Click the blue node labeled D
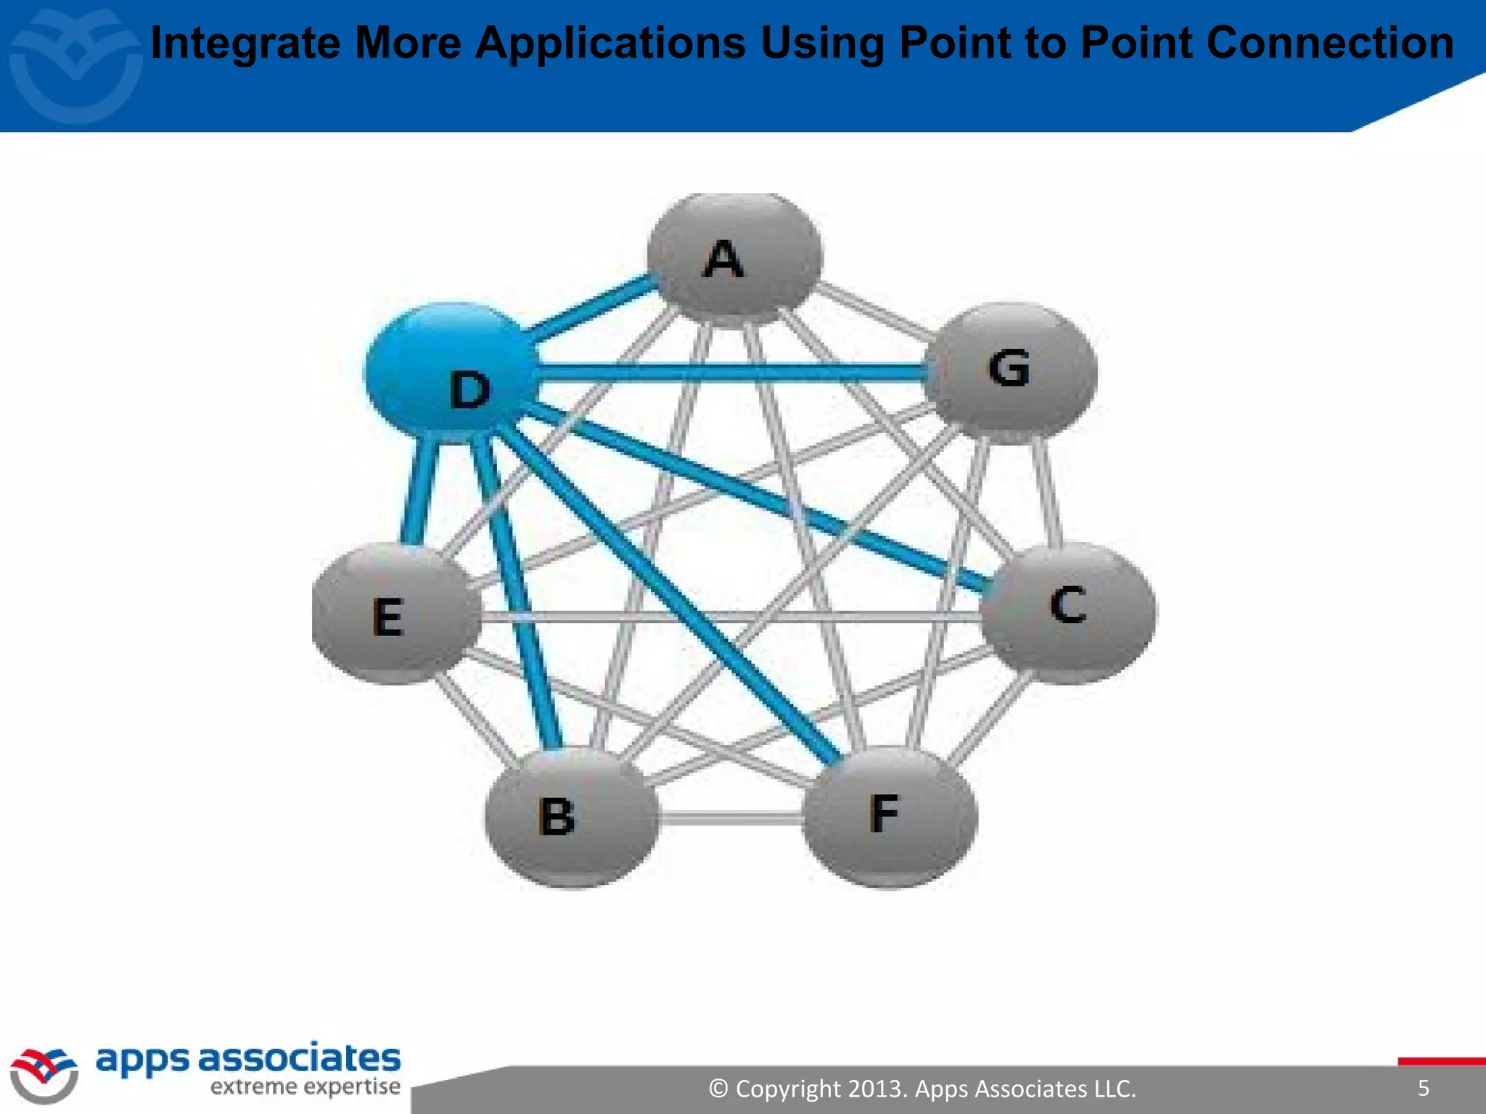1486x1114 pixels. point(450,374)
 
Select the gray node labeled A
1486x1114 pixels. point(734,257)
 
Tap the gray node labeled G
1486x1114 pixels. point(1011,371)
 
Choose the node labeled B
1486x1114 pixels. point(572,816)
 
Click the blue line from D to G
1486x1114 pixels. point(726,372)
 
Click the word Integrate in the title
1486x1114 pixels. point(245,44)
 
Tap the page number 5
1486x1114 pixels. point(1423,1087)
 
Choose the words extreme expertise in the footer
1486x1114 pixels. point(305,1086)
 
